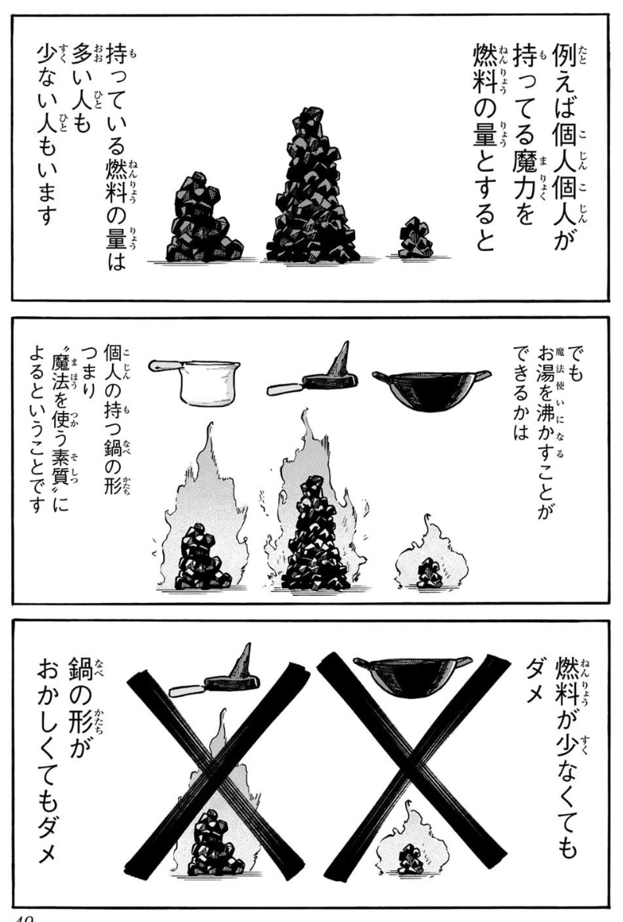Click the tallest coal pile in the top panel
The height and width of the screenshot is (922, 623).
coord(312,188)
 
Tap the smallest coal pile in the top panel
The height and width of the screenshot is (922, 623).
coord(416,238)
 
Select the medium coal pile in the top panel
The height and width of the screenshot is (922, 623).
coord(204,219)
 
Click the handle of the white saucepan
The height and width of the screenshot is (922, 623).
coord(164,365)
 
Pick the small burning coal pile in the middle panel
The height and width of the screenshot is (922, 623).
coord(430,572)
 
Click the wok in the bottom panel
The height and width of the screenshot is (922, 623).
coord(413,675)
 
